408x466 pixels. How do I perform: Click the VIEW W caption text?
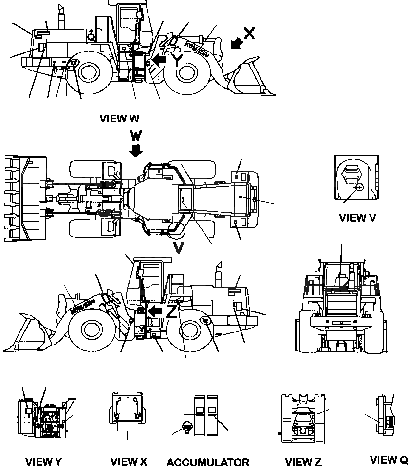[119, 118]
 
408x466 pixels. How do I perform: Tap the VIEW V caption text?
[358, 218]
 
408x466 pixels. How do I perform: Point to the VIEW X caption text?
[129, 461]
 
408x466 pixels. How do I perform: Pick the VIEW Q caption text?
[389, 460]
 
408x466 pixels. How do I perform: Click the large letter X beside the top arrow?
[249, 33]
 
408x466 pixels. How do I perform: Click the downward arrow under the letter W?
[136, 151]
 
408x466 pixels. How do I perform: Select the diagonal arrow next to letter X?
[235, 44]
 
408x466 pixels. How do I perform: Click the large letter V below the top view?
[179, 248]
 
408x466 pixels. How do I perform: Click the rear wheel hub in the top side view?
[89, 72]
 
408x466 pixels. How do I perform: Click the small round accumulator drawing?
[185, 428]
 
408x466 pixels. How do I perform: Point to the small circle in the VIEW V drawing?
[359, 187]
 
